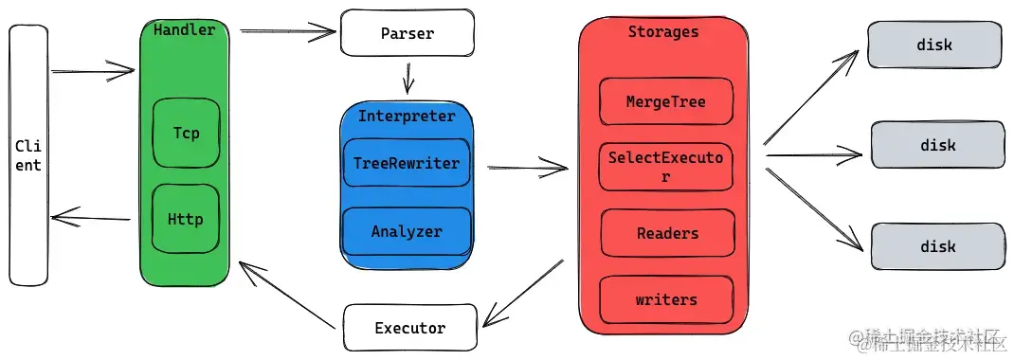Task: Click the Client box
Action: (x=28, y=155)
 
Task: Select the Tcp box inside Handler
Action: (x=187, y=134)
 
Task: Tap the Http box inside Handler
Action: (x=186, y=219)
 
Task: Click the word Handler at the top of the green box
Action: (x=184, y=29)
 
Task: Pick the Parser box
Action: (x=407, y=33)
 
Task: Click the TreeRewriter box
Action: (x=407, y=162)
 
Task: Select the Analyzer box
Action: (x=407, y=231)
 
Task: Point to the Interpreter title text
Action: (x=407, y=117)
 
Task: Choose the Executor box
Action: (x=410, y=328)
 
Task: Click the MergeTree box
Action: (x=666, y=101)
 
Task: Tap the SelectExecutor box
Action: (x=665, y=167)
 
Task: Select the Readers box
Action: (x=667, y=233)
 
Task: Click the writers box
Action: (x=666, y=300)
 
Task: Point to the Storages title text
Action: (x=663, y=31)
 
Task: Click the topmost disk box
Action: (x=934, y=45)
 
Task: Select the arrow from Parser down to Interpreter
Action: (x=408, y=78)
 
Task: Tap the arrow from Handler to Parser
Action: (x=288, y=29)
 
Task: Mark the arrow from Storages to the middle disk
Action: (x=813, y=155)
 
